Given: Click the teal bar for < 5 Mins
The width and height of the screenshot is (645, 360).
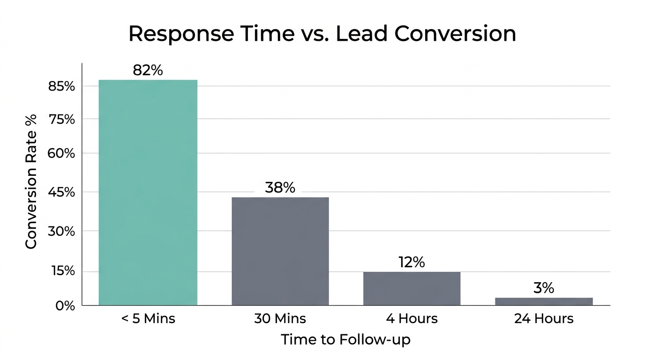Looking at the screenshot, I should [x=148, y=192].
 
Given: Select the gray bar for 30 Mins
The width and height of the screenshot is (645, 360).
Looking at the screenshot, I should [x=280, y=251].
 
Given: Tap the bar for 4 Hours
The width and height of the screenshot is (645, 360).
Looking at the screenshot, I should [x=412, y=288].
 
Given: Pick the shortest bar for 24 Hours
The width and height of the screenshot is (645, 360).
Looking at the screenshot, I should [x=544, y=301].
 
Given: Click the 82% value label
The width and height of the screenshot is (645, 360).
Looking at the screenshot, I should [x=148, y=70].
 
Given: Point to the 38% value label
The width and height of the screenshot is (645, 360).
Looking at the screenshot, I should [x=280, y=188].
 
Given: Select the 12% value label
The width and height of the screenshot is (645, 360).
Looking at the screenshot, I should [x=412, y=262].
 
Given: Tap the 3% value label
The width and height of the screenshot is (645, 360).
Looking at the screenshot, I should [x=544, y=288].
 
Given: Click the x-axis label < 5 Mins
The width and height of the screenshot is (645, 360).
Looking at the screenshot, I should [x=148, y=319].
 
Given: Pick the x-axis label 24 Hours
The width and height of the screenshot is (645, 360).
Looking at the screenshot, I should [x=544, y=319].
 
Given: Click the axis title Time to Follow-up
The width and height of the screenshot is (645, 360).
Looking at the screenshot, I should [x=345, y=339].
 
